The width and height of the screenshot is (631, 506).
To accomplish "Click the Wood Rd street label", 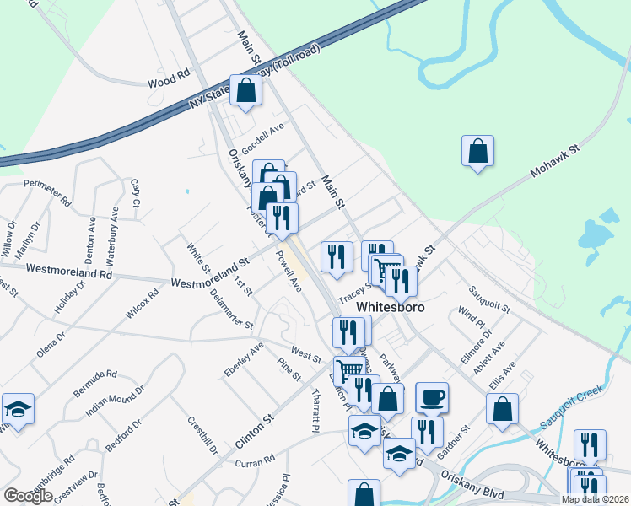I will [x=169, y=80].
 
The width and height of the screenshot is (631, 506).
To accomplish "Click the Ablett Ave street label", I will [x=493, y=358].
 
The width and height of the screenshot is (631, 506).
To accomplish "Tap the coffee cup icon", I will [x=432, y=397].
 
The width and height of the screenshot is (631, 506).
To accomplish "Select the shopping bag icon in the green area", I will [x=477, y=151].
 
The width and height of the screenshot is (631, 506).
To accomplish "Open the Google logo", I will [x=28, y=496].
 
